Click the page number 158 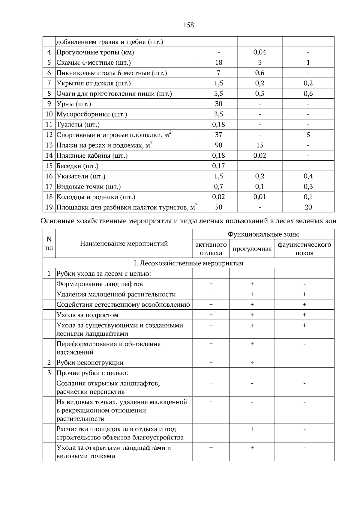pos(188,25)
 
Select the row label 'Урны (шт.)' pos(74,104)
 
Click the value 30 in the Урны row pos(218,104)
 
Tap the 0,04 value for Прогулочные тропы pos(259,52)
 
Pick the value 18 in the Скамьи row pos(218,63)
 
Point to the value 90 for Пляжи pos(218,145)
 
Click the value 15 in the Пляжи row pos(259,145)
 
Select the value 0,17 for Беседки pos(218,166)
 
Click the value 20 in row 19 pos(308,207)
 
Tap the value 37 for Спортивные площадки pos(218,135)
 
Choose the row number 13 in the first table pos(49,145)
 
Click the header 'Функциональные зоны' pos(263,234)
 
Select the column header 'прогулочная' pos(252,249)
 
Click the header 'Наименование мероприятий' pos(124,243)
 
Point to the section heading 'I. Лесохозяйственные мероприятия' pos(188,263)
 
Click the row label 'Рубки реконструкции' pos(90,363)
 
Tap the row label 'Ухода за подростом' pos(88,315)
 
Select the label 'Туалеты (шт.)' pos(78,125)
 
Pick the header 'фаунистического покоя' pos(304,249)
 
